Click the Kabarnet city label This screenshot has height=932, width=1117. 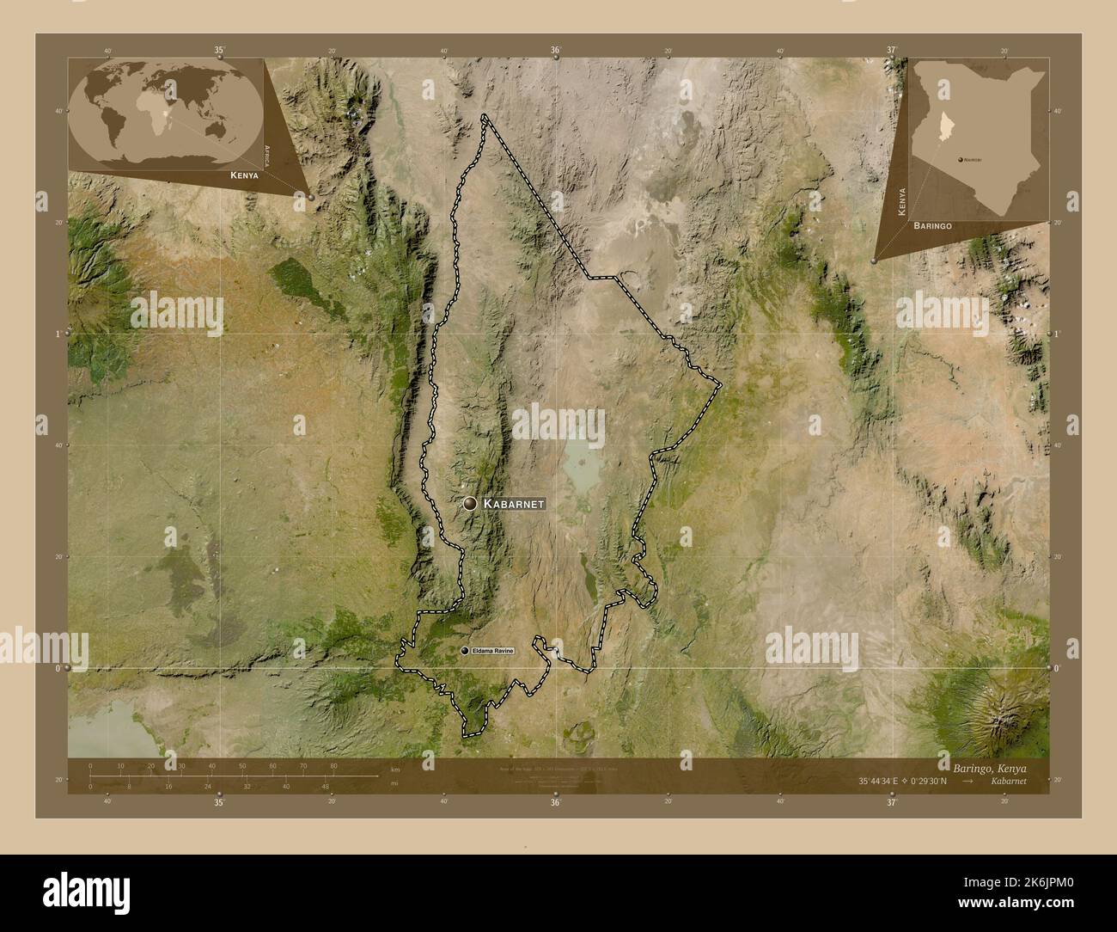513,503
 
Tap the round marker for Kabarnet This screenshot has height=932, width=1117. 470,504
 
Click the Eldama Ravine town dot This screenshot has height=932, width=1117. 465,653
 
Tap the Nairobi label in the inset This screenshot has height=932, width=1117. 973,160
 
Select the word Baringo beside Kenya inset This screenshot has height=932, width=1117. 932,224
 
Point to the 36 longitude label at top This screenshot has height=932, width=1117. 556,50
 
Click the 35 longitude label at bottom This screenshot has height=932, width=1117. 219,802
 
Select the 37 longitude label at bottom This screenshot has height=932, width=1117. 893,802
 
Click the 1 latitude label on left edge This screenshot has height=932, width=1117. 58,333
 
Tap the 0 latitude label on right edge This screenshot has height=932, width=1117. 1056,668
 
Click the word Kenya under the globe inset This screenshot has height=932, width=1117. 244,175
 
